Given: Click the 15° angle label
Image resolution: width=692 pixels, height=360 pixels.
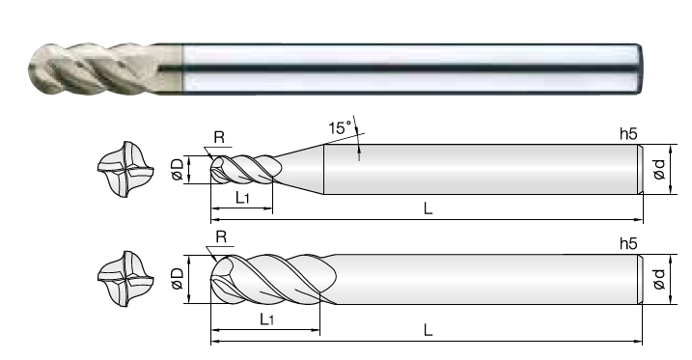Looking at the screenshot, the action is click(341, 128).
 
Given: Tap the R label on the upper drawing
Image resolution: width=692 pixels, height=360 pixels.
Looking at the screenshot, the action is click(219, 138).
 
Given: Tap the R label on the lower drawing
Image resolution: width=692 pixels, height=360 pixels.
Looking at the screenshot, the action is click(221, 237).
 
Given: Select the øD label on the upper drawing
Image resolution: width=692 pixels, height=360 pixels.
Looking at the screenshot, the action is click(178, 170).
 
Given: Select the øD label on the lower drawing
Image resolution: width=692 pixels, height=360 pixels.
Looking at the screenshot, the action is click(177, 279).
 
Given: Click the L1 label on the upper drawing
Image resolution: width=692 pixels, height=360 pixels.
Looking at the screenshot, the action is click(242, 198).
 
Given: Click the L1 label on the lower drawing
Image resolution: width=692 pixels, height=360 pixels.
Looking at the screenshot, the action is click(266, 318).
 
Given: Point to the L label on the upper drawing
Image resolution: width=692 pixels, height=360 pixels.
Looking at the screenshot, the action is click(428, 208).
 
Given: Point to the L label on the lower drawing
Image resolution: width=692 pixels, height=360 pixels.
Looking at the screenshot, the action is click(428, 329).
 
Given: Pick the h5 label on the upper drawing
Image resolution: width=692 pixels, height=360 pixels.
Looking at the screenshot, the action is click(628, 134).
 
